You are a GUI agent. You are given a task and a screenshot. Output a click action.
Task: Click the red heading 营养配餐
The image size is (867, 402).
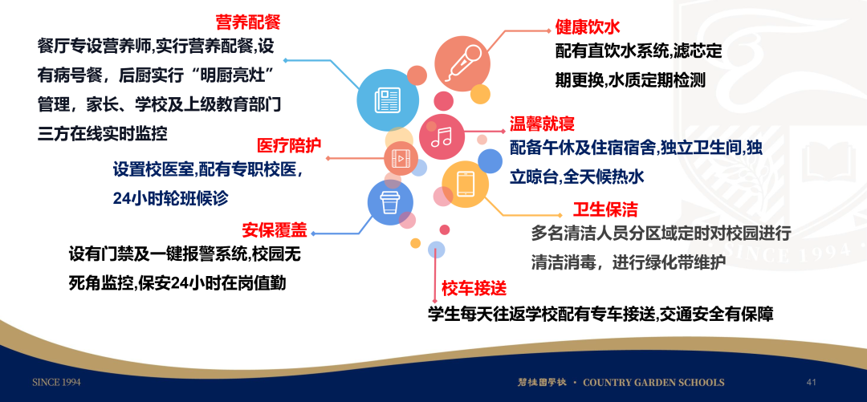(x=248, y=22)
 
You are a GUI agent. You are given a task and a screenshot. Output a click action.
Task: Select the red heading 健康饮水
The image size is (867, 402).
(x=588, y=26)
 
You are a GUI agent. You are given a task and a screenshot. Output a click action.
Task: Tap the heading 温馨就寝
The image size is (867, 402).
(x=542, y=122)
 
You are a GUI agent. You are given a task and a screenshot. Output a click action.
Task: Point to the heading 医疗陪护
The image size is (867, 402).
(x=289, y=145)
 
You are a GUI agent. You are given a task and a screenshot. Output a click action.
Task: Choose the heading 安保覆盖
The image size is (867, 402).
(x=275, y=229)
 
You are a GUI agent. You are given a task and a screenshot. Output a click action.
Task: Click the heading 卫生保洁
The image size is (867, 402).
(x=605, y=209)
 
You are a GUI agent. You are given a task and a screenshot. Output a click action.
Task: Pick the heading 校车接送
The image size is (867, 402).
(x=474, y=287)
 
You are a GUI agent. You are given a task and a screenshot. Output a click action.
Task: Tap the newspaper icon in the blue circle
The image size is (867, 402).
(x=387, y=100)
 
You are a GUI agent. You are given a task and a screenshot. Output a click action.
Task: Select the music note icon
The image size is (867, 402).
(x=442, y=136)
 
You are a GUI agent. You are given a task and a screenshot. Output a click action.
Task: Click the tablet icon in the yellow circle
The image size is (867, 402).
(x=465, y=184)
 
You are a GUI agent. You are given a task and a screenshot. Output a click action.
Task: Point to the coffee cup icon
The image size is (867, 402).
(x=390, y=202)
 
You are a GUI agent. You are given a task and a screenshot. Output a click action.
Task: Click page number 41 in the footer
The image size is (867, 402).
(x=812, y=382)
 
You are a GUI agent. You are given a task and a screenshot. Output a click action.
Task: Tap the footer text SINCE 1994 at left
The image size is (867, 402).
(x=56, y=382)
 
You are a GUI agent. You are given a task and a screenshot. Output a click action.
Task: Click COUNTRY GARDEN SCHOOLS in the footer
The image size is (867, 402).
(x=653, y=382)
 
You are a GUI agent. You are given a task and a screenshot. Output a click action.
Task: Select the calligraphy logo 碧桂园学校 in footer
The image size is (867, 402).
(x=542, y=382)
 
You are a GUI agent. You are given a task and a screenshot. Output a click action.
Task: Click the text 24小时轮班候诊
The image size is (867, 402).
(x=170, y=198)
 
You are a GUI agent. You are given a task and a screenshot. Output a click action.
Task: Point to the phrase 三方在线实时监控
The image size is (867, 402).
(x=102, y=133)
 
